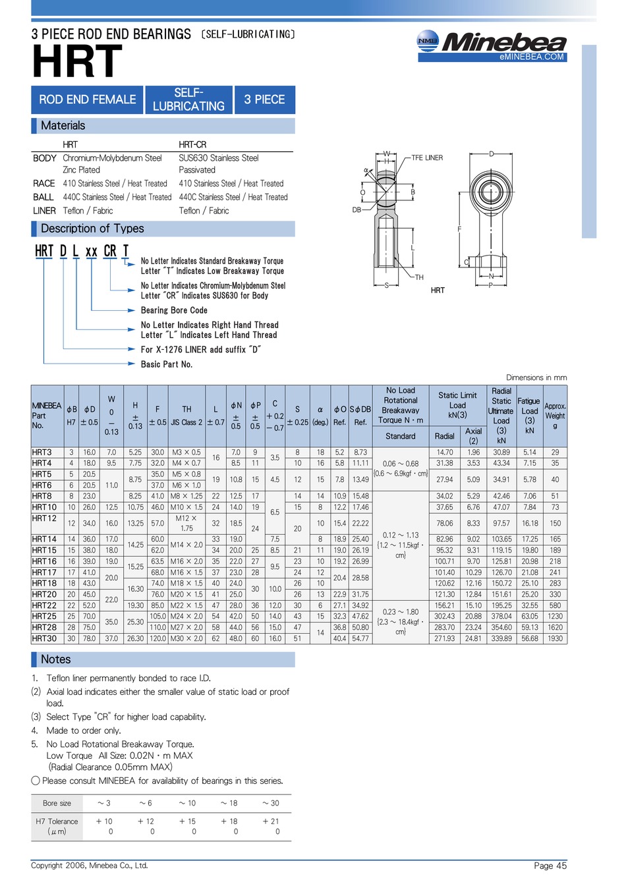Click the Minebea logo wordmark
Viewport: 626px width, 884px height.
tap(503, 43)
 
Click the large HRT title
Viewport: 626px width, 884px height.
tap(77, 62)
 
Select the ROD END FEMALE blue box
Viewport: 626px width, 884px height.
tap(87, 99)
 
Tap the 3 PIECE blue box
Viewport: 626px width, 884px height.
tap(264, 99)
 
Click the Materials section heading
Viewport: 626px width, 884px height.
tap(63, 126)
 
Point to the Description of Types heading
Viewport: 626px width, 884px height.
tap(92, 229)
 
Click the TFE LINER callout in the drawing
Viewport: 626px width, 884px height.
tap(427, 158)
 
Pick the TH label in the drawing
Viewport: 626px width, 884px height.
tap(419, 277)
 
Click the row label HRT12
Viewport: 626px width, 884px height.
tap(44, 518)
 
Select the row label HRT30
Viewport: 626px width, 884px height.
tap(44, 638)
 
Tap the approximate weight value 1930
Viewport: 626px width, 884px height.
tap(555, 638)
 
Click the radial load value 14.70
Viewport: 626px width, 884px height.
tap(444, 453)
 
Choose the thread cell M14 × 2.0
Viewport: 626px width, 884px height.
tap(186, 545)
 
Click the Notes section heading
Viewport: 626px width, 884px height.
tap(55, 659)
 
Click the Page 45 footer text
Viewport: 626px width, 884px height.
tap(550, 866)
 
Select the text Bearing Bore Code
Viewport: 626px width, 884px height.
tap(174, 310)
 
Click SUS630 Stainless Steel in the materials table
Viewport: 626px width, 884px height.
tap(219, 158)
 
